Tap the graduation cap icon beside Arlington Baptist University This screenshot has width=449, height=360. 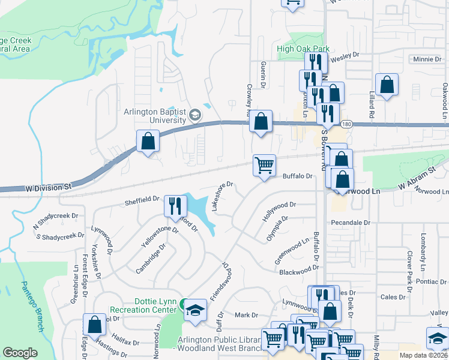coord(195,115)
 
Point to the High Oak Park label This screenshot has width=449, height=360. coord(304,49)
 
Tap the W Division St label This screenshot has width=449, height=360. coord(48,187)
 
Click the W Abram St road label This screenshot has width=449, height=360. coord(417,179)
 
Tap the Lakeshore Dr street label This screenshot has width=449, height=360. coord(220,196)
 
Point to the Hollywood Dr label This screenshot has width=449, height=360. coord(279,212)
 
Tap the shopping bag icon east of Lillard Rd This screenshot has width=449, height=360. coord(387,85)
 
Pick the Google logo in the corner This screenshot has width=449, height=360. coord(20,353)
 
